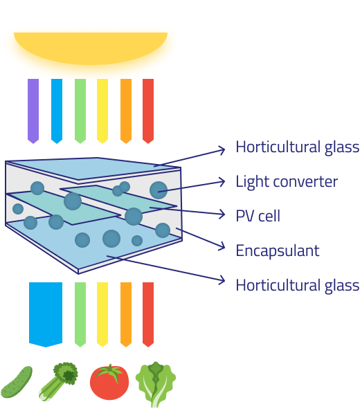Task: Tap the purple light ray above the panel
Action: (33, 111)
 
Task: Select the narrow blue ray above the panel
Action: (57, 111)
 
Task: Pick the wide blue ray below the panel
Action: (46, 314)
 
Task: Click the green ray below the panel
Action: (80, 314)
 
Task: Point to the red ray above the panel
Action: (148, 111)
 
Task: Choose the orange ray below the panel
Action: (126, 314)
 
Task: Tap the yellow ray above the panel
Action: (102, 111)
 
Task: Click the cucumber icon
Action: (16, 382)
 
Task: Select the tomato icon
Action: (109, 382)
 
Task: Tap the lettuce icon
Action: (156, 384)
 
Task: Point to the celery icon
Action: (58, 381)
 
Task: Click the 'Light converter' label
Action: (287, 182)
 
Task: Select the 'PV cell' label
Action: (258, 216)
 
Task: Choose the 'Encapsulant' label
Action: (278, 251)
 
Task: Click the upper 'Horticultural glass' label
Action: (297, 147)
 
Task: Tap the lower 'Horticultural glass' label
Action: (297, 285)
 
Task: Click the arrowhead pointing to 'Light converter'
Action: (223, 182)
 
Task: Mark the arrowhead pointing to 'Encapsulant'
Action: (223, 246)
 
